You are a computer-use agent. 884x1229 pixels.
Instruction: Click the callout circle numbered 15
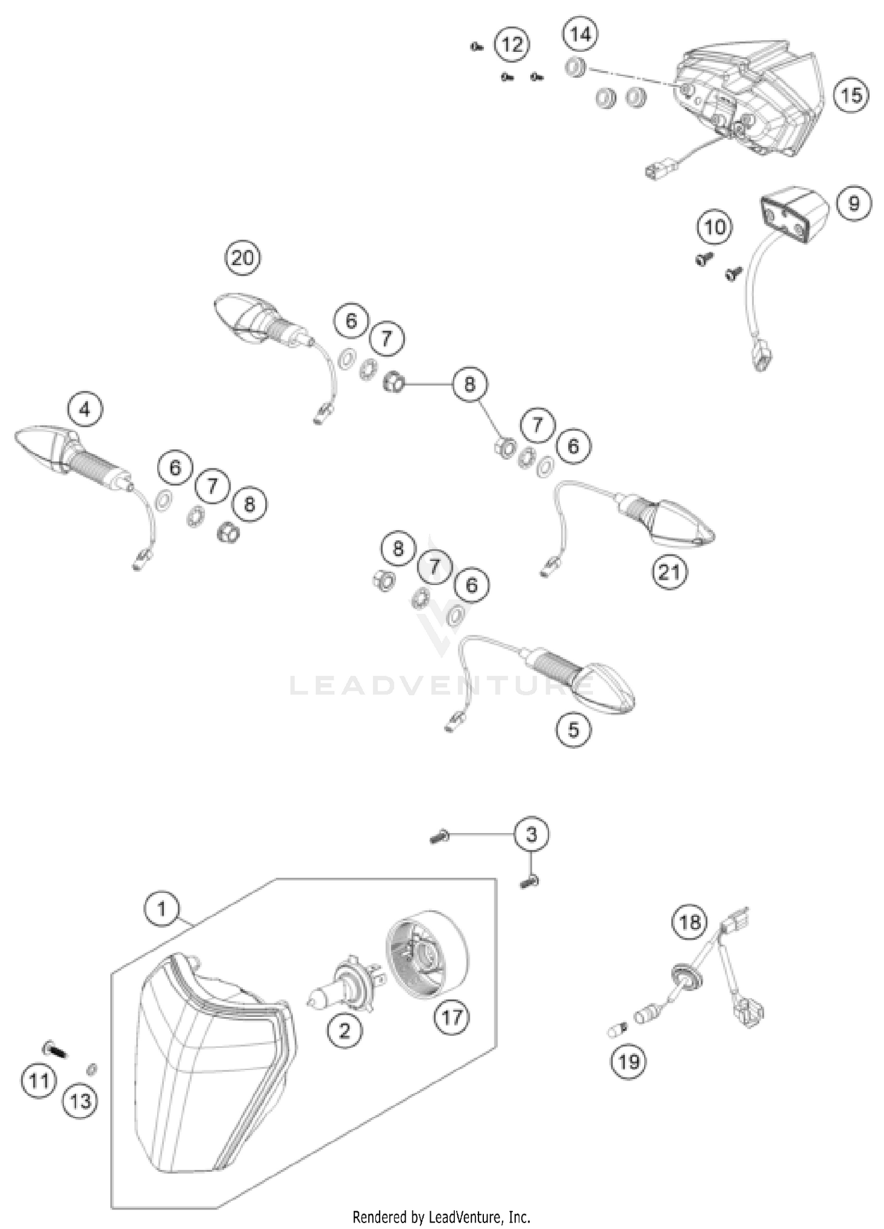(851, 95)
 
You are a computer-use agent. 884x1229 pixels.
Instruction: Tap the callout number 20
(243, 258)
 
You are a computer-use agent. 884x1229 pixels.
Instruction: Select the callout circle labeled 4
(85, 409)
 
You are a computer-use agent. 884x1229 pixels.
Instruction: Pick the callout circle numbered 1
(161, 909)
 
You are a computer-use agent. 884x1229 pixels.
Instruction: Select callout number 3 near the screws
(532, 834)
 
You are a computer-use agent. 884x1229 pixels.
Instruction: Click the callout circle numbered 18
(690, 922)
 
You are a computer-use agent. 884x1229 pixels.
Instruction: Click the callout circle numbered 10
(715, 227)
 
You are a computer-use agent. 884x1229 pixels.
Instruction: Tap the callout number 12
(512, 45)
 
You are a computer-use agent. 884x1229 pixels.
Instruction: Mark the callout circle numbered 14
(580, 35)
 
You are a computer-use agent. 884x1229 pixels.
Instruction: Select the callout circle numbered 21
(669, 571)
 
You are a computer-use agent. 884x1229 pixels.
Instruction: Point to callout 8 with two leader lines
(469, 385)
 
